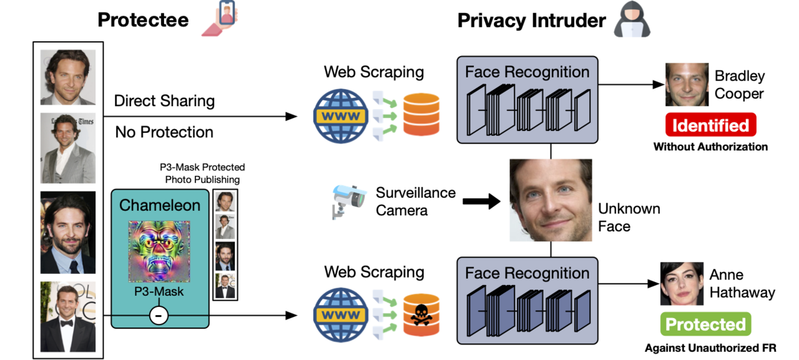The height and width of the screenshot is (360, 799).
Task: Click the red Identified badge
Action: (710, 125)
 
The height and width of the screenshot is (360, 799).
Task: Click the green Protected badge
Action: (705, 324)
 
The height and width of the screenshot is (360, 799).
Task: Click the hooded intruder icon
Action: (632, 20)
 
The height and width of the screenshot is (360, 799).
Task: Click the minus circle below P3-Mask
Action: (159, 316)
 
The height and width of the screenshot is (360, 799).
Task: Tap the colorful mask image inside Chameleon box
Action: (159, 252)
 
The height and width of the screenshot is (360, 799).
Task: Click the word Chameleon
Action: (159, 205)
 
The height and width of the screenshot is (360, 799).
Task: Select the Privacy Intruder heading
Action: (531, 20)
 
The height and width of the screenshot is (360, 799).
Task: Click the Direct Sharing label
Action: (164, 100)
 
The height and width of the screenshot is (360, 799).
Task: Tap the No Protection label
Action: (164, 132)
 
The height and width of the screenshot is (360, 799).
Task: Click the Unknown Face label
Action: (629, 217)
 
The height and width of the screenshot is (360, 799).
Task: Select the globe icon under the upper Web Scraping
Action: (340, 115)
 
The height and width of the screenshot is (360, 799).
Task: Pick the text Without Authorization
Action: (710, 147)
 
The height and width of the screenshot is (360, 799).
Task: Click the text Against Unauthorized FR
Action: (710, 347)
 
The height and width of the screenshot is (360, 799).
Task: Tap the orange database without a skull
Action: (420, 114)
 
